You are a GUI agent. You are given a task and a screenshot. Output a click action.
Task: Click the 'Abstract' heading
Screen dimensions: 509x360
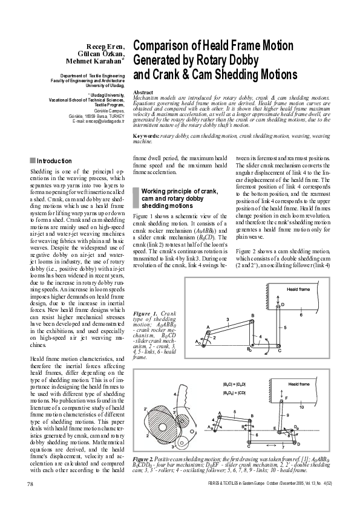pyautogui.click(x=143, y=91)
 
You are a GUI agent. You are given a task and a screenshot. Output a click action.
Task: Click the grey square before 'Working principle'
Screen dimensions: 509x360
pyautogui.click(x=136, y=190)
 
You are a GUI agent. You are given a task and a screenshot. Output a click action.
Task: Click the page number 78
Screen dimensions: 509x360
pyautogui.click(x=30, y=484)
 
